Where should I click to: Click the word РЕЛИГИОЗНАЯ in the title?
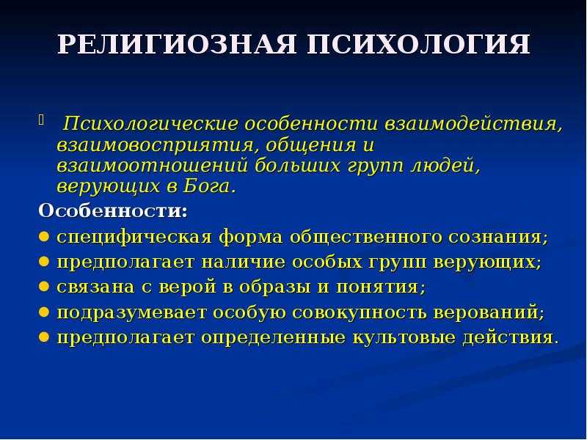177,45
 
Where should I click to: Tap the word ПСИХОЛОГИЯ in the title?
418,45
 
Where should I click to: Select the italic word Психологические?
150,124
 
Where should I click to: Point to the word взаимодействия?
473,124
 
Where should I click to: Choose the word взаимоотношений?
152,166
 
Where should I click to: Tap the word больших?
298,166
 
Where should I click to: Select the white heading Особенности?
113,210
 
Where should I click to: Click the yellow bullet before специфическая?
44,236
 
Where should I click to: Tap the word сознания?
498,237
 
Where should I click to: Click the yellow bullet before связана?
44,287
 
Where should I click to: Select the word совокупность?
359,312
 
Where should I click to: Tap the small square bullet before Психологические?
41,120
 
